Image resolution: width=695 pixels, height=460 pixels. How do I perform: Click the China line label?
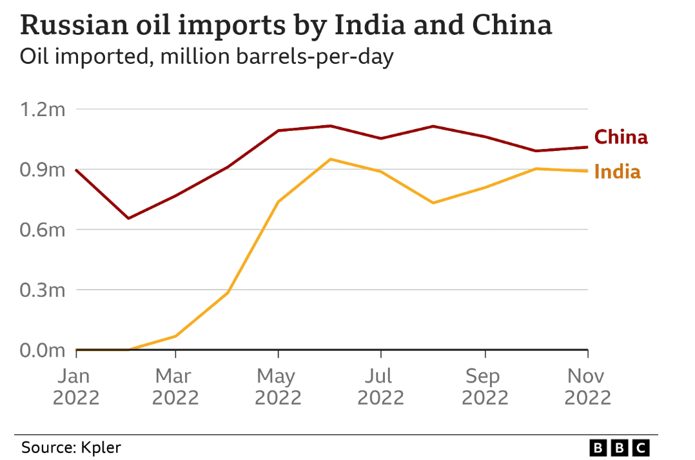point(620,137)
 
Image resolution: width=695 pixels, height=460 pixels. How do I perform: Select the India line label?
point(617,172)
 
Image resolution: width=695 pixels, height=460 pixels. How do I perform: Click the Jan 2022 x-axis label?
point(76,386)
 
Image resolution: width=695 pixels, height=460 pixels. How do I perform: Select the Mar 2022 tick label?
point(175,386)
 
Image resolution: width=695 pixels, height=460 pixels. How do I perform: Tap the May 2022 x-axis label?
point(278,386)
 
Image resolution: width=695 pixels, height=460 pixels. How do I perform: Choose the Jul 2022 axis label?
point(381,386)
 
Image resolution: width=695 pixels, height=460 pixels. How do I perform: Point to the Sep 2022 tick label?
point(485,386)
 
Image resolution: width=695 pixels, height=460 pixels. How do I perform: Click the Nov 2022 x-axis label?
point(587,386)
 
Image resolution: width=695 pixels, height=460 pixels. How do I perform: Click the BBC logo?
point(620,446)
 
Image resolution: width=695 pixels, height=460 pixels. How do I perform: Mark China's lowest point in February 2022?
point(128,218)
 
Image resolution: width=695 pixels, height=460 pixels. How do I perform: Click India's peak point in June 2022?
point(330,159)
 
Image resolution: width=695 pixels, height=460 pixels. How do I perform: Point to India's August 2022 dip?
point(433,203)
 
